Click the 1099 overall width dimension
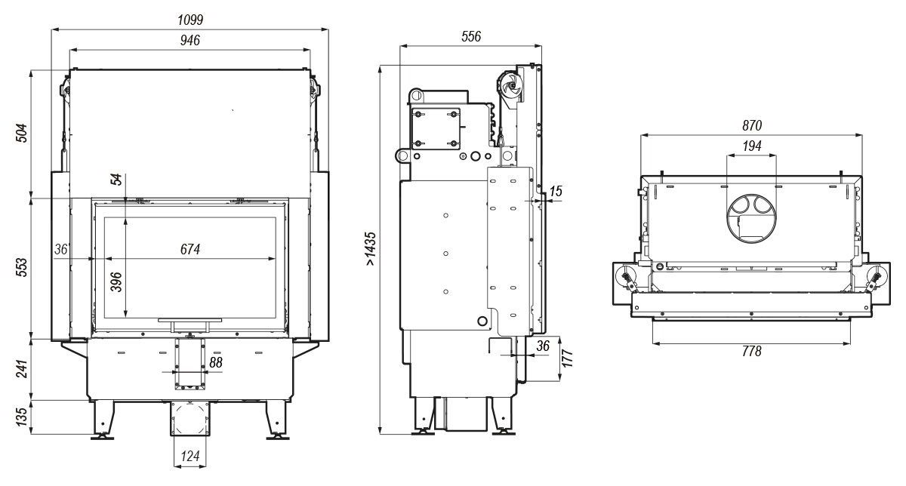click(x=190, y=19)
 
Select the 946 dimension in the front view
click(x=190, y=41)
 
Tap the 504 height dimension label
click(x=22, y=133)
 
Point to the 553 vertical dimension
click(x=22, y=269)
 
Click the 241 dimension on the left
click(x=22, y=368)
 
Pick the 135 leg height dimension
click(x=22, y=416)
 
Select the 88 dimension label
click(x=216, y=363)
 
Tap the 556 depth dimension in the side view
click(x=470, y=36)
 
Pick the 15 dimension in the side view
click(x=556, y=192)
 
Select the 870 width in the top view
click(x=752, y=125)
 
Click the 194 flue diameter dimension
click(x=752, y=146)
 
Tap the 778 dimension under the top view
click(x=752, y=352)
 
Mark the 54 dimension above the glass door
click(x=117, y=180)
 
